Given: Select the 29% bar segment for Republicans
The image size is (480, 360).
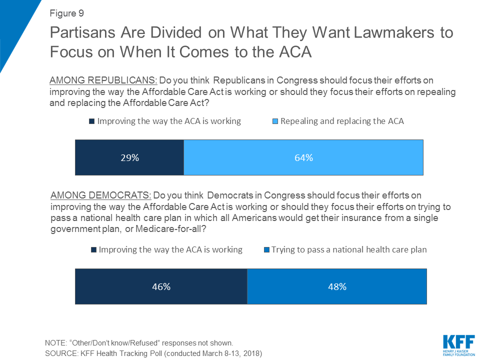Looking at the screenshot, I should (x=129, y=157).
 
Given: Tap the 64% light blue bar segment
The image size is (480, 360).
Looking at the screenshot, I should (x=303, y=157).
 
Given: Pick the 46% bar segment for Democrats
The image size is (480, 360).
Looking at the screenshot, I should (x=161, y=286).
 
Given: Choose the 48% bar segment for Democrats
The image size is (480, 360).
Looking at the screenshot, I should (x=337, y=286).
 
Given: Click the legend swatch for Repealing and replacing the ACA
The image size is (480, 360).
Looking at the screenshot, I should (x=275, y=121).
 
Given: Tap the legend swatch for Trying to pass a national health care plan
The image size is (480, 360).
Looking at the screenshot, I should (x=266, y=249).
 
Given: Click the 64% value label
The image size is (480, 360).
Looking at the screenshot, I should (x=303, y=158).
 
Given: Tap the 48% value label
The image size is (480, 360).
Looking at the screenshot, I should (x=337, y=287).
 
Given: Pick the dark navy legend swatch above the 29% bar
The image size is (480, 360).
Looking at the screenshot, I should (x=91, y=121).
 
